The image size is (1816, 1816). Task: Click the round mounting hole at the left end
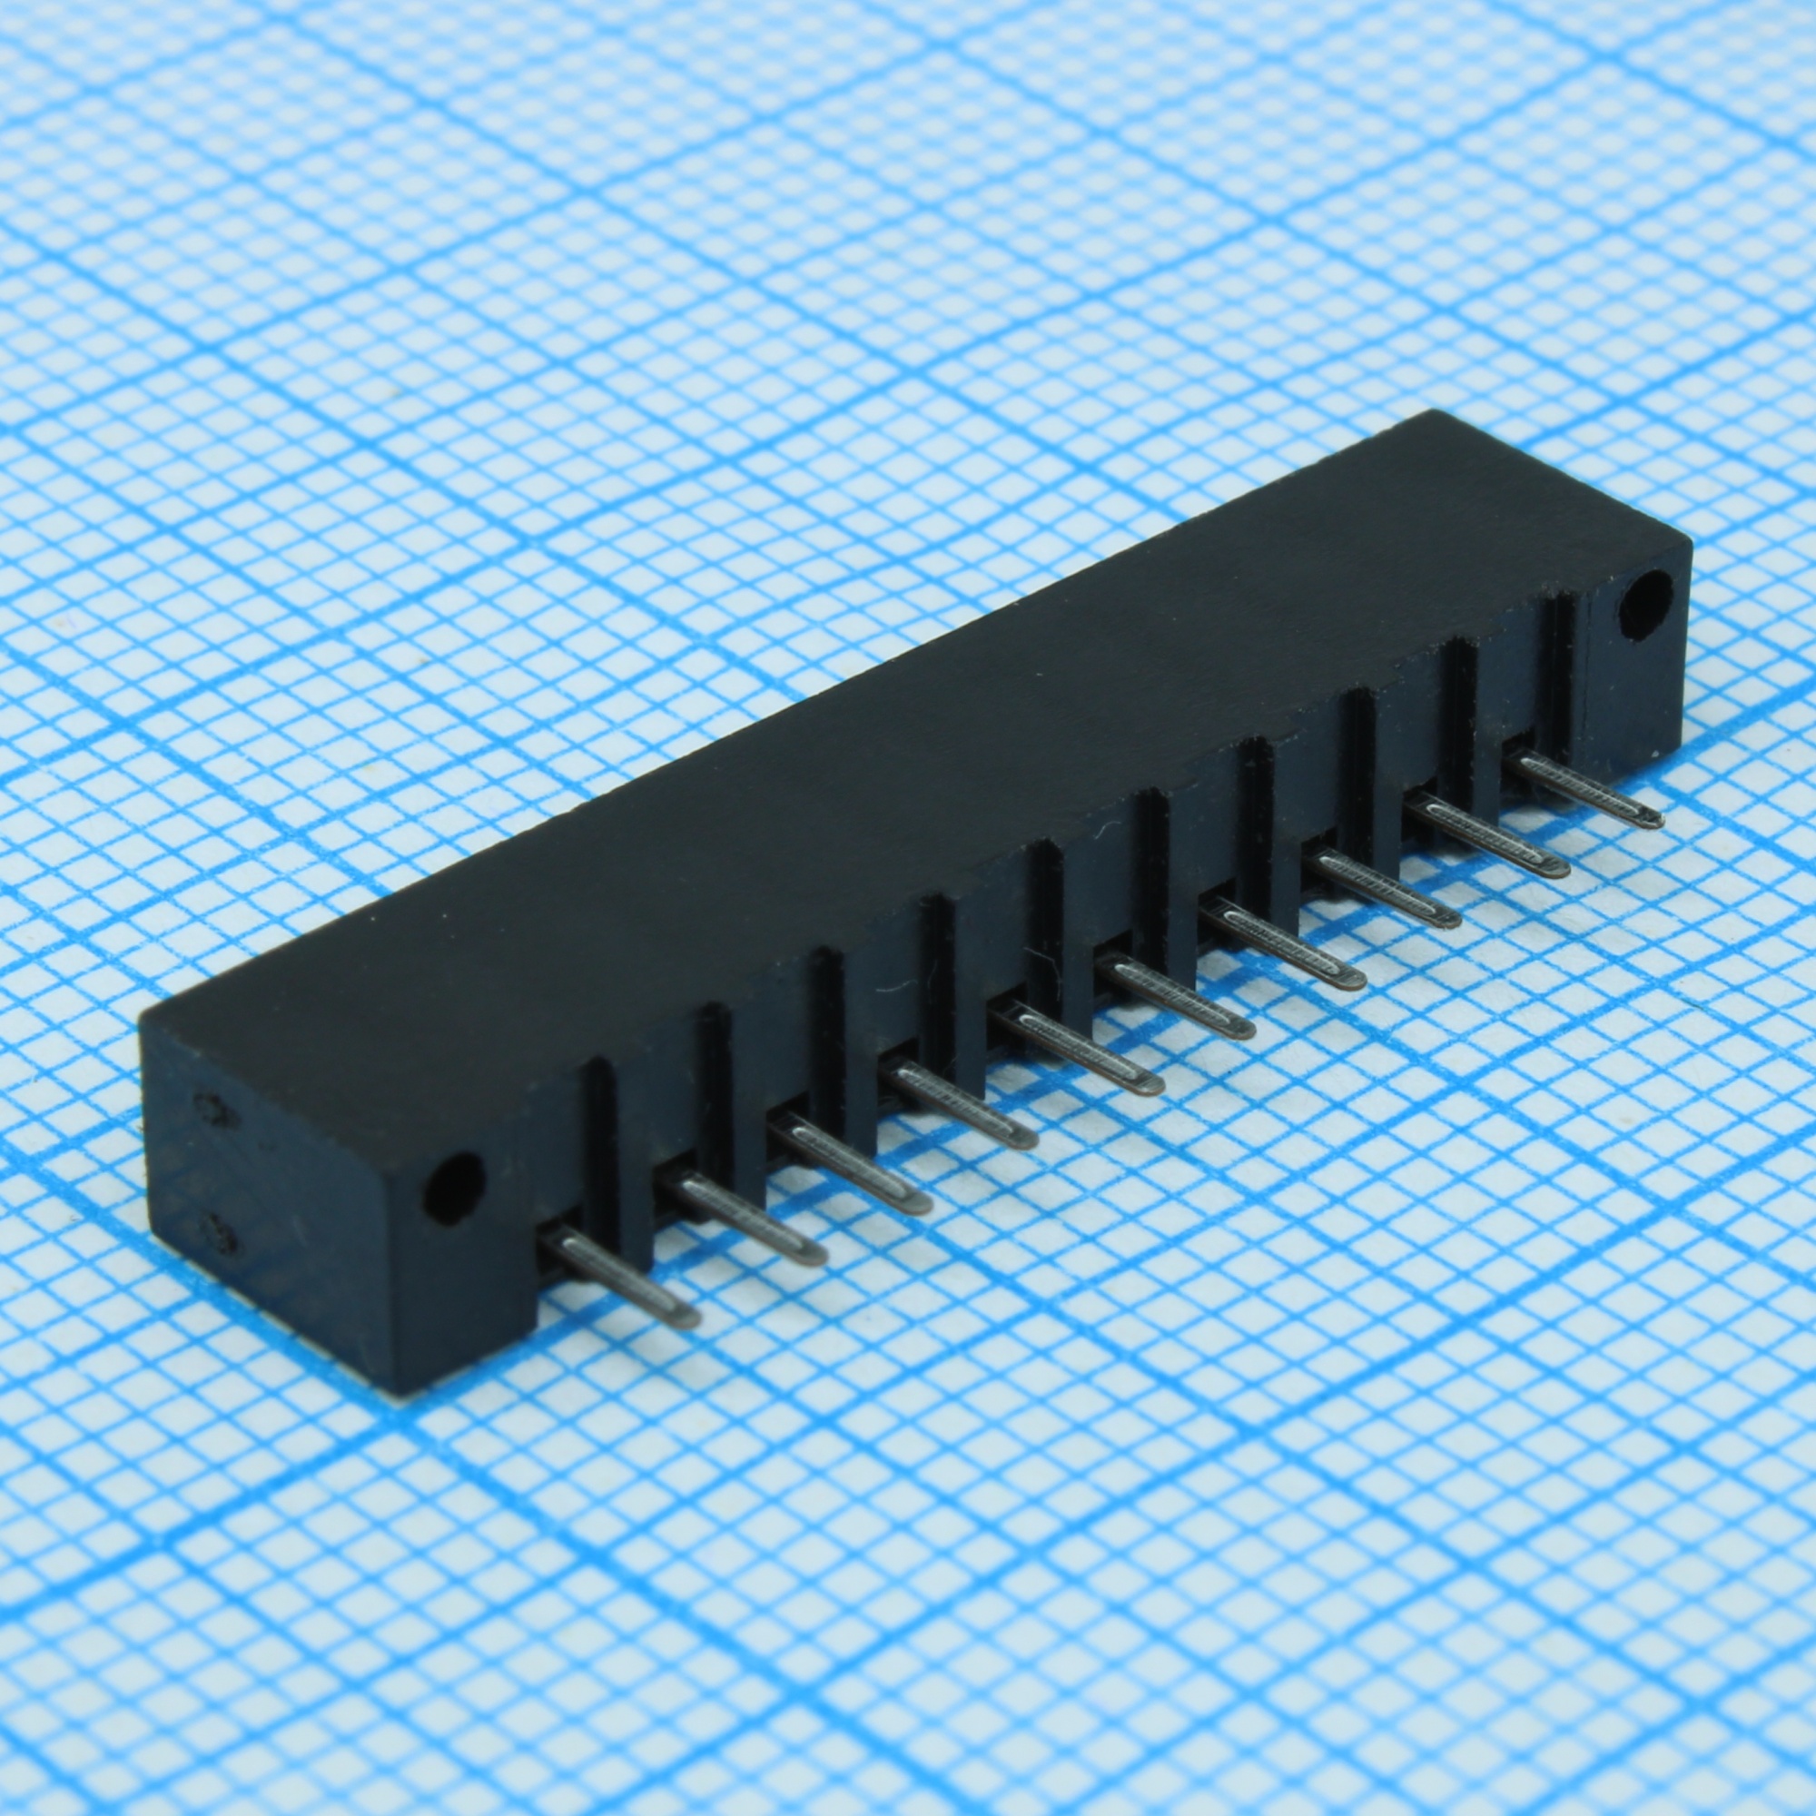(453, 1187)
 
